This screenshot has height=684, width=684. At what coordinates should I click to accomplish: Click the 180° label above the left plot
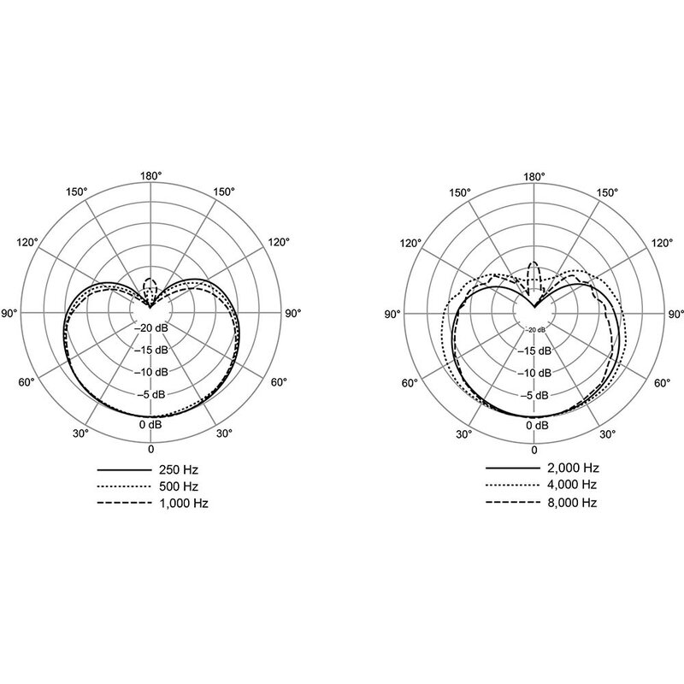tap(151, 176)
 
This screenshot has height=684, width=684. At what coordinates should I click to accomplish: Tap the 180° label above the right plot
tap(535, 176)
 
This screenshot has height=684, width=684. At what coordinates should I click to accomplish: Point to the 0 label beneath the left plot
tap(151, 449)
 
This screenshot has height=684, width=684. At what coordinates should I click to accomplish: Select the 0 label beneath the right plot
tap(535, 449)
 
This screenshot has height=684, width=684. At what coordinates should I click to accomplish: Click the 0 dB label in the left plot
tap(151, 425)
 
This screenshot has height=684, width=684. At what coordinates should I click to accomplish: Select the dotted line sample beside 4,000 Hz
tap(510, 486)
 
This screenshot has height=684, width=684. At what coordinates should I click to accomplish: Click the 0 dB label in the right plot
tap(535, 425)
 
